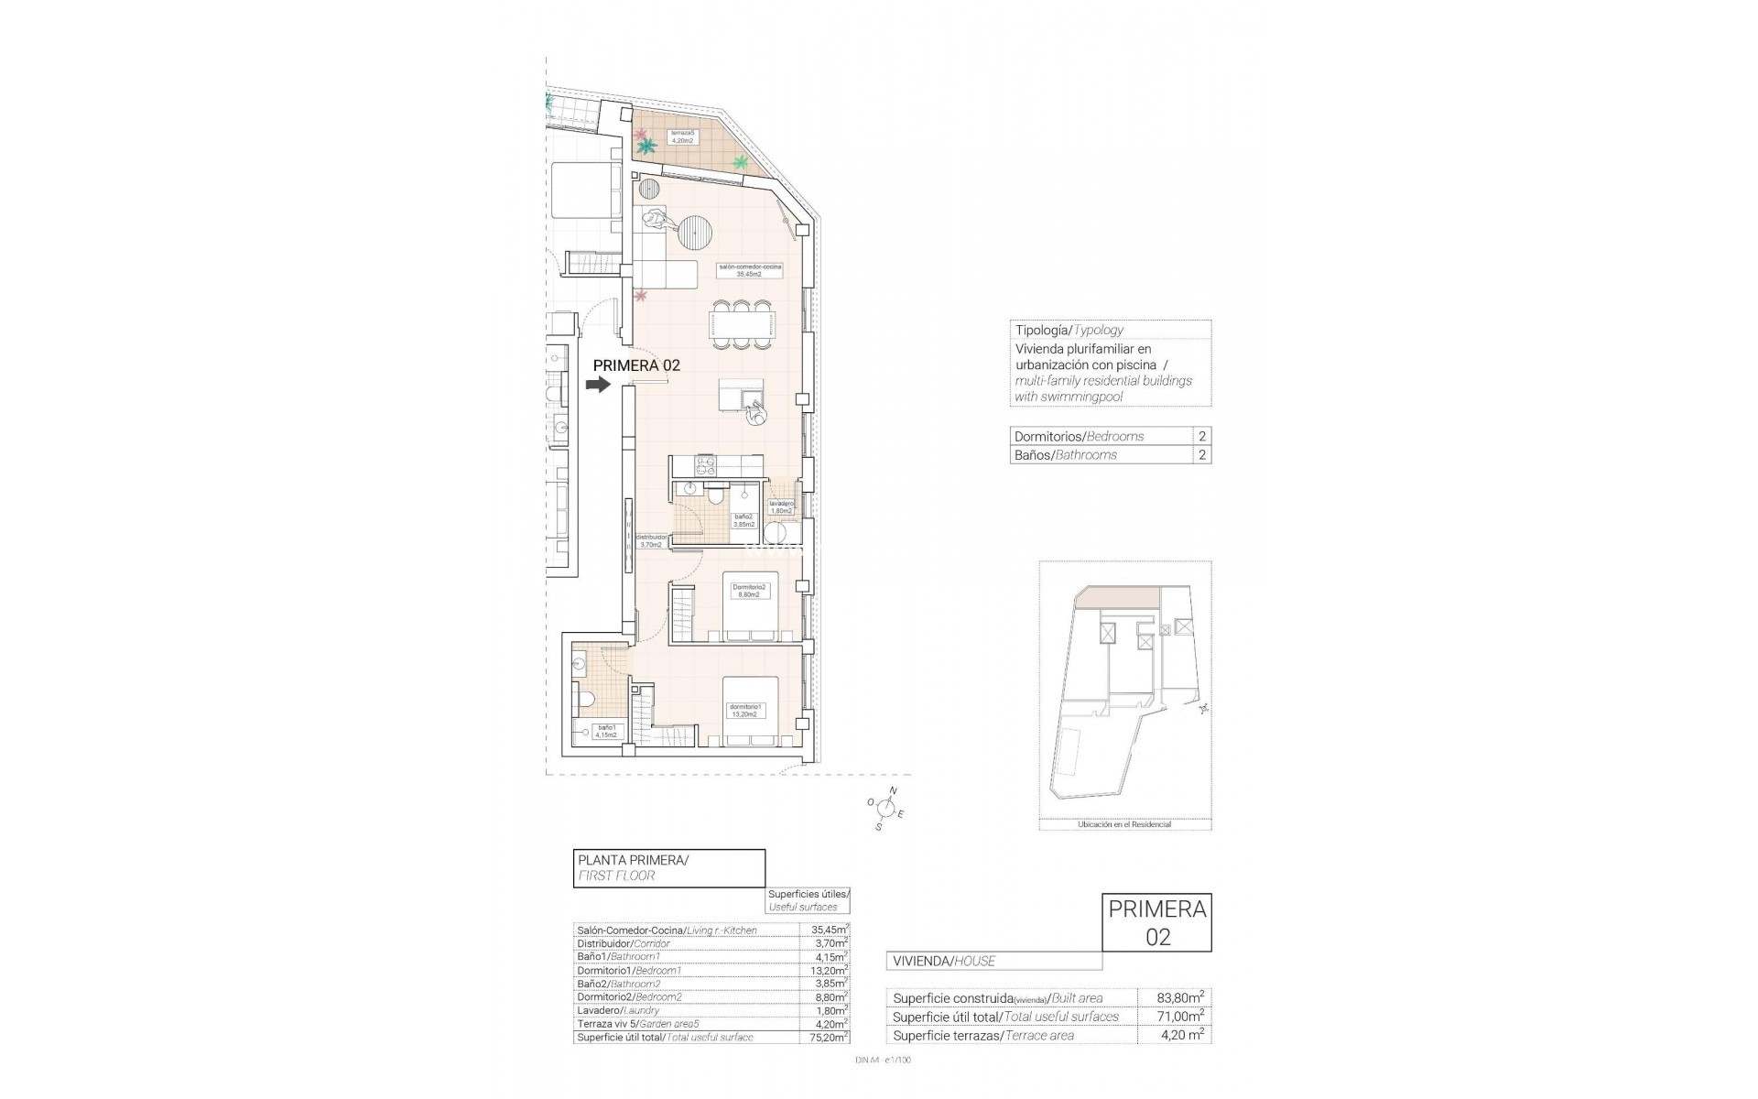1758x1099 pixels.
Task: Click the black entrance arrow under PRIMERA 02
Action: click(598, 386)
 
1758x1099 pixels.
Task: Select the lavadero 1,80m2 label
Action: click(781, 507)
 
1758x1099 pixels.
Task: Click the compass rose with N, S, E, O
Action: click(885, 807)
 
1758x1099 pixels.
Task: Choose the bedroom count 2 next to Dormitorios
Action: click(1201, 436)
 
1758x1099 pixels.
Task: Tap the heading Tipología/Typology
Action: click(1069, 330)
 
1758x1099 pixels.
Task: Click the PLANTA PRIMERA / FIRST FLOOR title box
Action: click(668, 867)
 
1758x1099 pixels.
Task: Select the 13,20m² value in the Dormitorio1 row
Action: click(830, 970)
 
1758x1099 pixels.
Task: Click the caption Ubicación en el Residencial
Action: click(1124, 824)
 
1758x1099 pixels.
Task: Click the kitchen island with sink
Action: click(743, 396)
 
